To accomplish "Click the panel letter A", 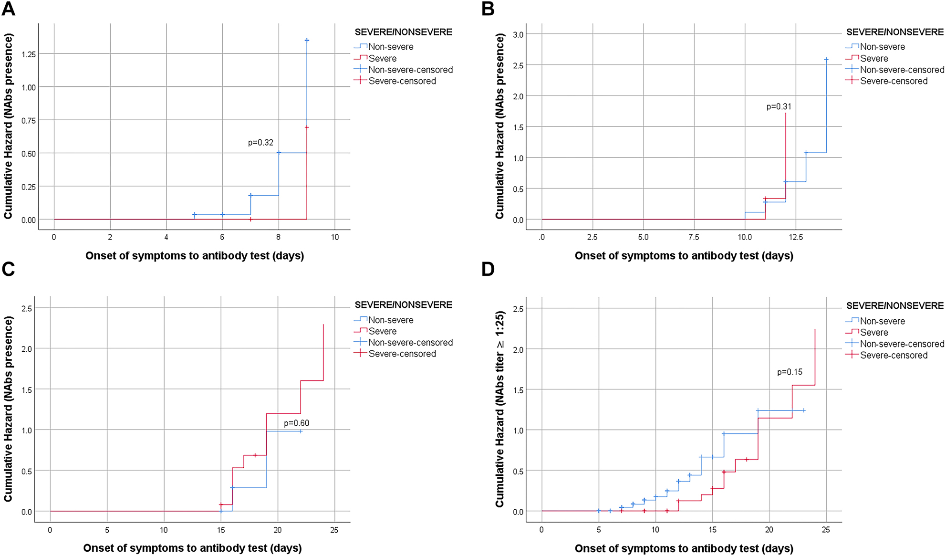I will [x=9, y=9].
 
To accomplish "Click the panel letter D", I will [x=488, y=270].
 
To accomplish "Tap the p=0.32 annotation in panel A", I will [x=260, y=142].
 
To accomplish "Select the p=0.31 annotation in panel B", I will [x=779, y=106].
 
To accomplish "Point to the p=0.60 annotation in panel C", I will [x=296, y=423].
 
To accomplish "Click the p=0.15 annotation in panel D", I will [x=790, y=372].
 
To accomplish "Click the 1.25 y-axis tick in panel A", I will [x=29, y=54].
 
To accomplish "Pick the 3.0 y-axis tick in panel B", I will [x=518, y=34].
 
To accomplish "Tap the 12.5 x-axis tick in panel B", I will [x=795, y=237].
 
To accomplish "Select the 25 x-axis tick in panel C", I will [x=334, y=530].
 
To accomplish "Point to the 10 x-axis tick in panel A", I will [x=335, y=237].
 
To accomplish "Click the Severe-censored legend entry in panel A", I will [x=402, y=81].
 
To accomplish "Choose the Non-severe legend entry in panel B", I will [x=882, y=47].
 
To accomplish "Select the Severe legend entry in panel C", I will [x=382, y=331].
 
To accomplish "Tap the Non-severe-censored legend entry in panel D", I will [x=902, y=344].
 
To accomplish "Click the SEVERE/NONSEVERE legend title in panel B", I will [x=894, y=32].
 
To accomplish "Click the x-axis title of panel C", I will [x=192, y=548].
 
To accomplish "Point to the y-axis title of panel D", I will [x=499, y=410].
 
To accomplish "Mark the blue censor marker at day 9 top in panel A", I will [x=307, y=41].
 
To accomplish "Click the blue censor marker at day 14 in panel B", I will [x=826, y=60].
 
